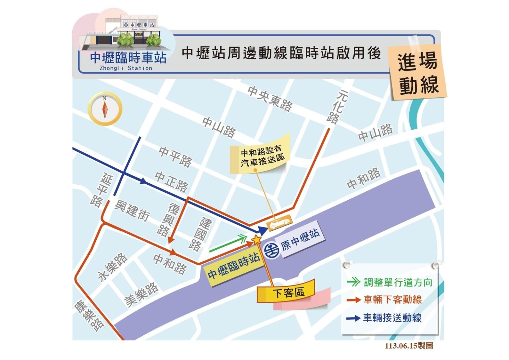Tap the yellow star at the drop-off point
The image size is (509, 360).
(257, 239)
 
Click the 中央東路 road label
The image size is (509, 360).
(270, 98)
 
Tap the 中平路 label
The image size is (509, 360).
(175, 156)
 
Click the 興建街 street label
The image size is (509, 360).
(132, 210)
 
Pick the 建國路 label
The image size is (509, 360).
(200, 234)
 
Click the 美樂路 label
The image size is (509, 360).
(141, 294)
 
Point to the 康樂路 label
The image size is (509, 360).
(89, 315)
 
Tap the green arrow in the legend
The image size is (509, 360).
(353, 282)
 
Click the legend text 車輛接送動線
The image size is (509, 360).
(392, 318)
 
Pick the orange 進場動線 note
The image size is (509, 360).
(418, 73)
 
